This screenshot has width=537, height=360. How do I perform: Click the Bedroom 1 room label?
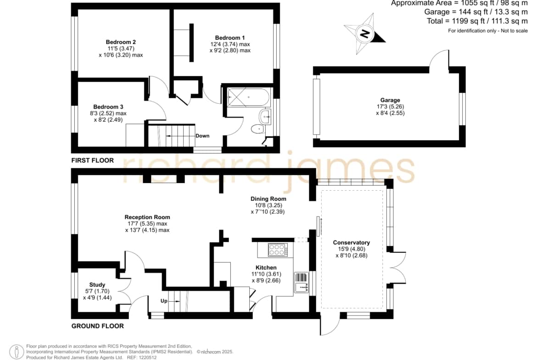230,38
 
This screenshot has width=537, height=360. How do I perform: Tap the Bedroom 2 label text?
121,42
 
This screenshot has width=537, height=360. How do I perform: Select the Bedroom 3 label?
108,107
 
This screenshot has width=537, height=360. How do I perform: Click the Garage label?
390,100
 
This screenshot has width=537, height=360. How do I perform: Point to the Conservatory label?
352,243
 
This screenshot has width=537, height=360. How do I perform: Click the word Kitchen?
266,268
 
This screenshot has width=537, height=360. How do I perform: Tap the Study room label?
97,285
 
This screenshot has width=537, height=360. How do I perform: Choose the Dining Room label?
268,199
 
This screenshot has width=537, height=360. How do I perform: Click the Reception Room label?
147,217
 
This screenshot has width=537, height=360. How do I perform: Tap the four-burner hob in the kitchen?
278,249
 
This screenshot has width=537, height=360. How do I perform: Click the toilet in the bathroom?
257,129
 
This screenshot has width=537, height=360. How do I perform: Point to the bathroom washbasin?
265,117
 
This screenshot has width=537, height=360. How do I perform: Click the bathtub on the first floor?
249,98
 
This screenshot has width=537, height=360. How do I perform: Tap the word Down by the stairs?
202,136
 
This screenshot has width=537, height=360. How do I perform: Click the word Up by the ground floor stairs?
164,301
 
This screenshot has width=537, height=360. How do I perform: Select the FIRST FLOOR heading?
92,160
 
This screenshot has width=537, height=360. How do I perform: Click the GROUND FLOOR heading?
98,326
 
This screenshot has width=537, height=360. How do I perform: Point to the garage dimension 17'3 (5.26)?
390,106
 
